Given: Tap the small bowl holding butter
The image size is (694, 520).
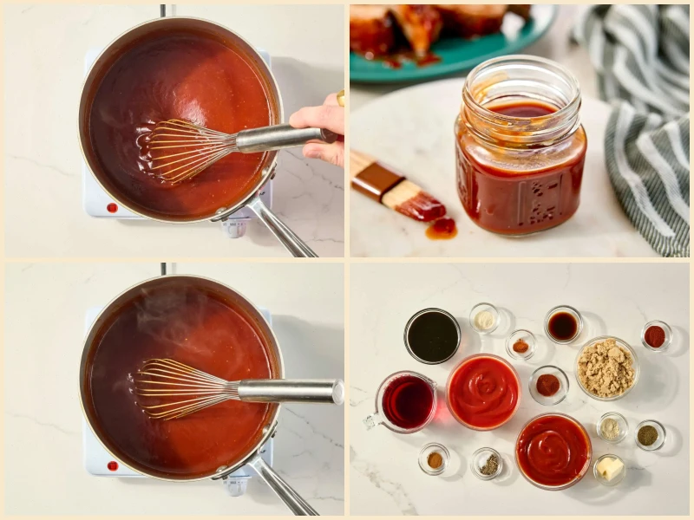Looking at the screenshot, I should point(610,468).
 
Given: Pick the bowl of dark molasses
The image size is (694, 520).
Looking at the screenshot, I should point(432,336).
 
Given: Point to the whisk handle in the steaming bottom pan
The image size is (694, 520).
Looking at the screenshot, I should point(291,391).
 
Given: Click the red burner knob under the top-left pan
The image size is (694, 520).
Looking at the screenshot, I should point(111,207).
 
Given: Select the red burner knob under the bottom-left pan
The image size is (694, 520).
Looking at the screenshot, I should point(111,465).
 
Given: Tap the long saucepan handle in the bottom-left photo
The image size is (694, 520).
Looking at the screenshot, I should point(282,490).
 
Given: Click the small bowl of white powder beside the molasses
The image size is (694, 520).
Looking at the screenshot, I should point(484,319).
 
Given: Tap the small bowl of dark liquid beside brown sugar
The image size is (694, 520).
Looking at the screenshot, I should point(562,326).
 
